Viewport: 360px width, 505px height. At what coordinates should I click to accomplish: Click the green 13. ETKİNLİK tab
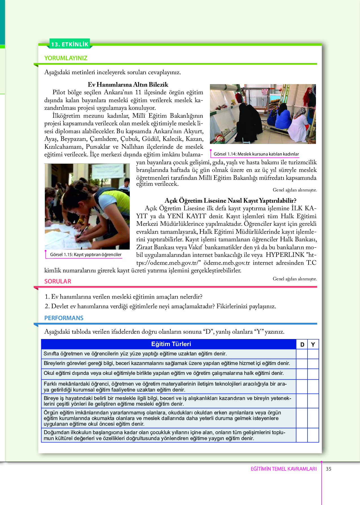[70, 44]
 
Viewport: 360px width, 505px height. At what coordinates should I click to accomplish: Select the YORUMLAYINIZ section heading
[66, 58]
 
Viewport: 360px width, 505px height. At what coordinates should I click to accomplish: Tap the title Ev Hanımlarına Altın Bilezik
[128, 84]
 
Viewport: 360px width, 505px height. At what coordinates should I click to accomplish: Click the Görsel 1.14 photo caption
[256, 154]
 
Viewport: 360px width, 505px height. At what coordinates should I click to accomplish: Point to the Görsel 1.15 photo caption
[85, 255]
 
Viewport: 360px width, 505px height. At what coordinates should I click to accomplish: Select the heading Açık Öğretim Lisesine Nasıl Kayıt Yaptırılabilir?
[230, 201]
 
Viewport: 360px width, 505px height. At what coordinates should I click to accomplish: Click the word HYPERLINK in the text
[285, 255]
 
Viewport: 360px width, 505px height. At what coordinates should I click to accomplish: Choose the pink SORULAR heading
[58, 281]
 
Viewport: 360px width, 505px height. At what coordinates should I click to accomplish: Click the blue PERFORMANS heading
[64, 318]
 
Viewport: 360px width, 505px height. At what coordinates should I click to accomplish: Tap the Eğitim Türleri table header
[171, 344]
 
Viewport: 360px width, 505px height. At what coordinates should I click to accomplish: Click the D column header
[302, 344]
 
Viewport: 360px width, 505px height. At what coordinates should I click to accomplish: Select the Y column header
[313, 344]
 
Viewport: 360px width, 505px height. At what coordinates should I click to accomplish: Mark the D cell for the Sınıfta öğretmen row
[302, 354]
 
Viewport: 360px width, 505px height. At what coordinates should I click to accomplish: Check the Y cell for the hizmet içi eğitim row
[313, 364]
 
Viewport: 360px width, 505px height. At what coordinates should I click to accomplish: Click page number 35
[328, 469]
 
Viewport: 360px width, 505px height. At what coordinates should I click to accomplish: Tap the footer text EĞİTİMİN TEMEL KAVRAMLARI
[284, 469]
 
